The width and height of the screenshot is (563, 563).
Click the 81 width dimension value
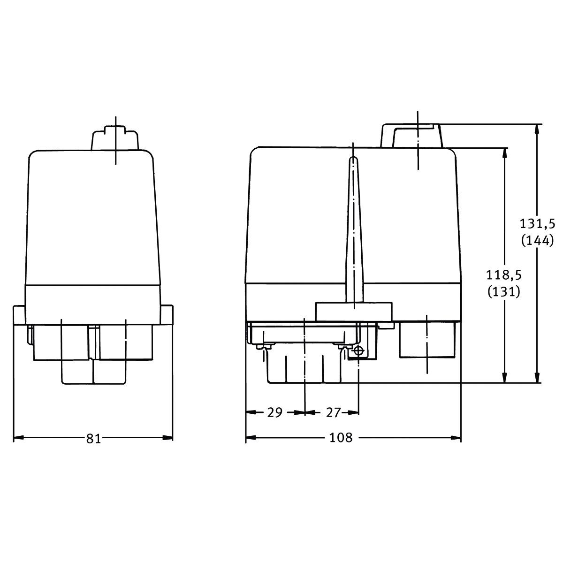93,439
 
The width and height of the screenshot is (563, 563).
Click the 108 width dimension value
341,438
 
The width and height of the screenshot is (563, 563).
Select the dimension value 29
275,412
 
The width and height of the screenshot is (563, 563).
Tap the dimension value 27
334,412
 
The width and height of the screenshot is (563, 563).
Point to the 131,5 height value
537,224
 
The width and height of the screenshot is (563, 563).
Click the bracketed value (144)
538,241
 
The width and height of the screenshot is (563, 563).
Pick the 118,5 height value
504,275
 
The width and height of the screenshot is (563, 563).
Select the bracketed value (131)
504,292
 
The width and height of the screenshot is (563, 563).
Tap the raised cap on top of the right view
411,136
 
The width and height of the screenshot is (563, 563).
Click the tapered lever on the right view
354,230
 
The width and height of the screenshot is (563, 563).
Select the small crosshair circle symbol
358,351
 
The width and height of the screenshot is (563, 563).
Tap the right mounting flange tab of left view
167,315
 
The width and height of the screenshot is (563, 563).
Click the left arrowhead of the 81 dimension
18,438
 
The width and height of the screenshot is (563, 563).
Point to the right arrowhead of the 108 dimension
456,438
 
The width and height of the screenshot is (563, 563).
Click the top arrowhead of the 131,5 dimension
537,129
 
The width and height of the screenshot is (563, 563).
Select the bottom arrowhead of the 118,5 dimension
504,378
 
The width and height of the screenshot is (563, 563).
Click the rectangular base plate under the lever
354,312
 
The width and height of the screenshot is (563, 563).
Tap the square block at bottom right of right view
427,339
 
